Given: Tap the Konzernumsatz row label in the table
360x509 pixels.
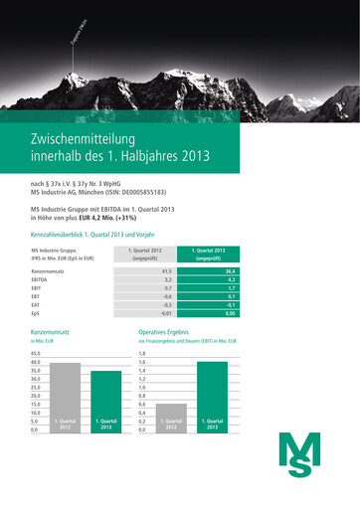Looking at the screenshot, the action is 50,270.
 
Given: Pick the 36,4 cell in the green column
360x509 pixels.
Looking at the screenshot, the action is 230,270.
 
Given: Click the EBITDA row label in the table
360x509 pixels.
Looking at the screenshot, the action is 41,281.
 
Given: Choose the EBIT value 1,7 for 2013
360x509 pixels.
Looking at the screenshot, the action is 231,291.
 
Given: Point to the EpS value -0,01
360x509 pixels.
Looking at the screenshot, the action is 165,313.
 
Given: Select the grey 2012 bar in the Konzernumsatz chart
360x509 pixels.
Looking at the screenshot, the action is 65,398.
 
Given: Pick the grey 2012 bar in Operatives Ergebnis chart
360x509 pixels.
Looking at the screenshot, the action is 171,420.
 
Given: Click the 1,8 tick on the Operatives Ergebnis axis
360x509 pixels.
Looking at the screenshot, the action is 142,354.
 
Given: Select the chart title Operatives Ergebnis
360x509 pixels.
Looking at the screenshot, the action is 164,331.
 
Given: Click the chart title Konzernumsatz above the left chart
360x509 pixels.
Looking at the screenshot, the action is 50,331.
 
